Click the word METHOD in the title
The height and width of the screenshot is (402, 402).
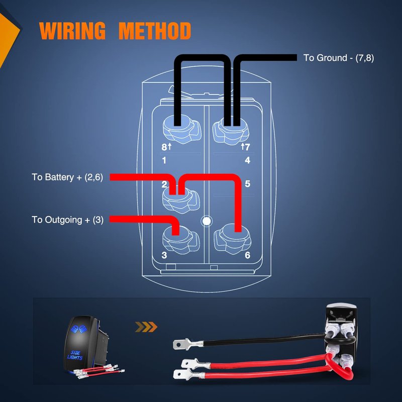[x=155, y=31]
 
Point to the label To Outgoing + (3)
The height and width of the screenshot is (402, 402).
[x=67, y=220]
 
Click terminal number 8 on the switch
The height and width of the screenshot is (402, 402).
[x=164, y=147]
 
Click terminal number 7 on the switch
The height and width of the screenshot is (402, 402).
[x=247, y=147]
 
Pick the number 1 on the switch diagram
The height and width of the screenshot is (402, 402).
[x=164, y=161]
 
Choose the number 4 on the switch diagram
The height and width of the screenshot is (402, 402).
[x=247, y=161]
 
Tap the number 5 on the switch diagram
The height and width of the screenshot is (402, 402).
[x=247, y=183]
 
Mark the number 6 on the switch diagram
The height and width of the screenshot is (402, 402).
[x=247, y=255]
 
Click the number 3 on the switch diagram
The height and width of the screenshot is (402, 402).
[x=164, y=255]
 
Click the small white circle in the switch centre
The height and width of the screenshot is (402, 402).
[x=205, y=220]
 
